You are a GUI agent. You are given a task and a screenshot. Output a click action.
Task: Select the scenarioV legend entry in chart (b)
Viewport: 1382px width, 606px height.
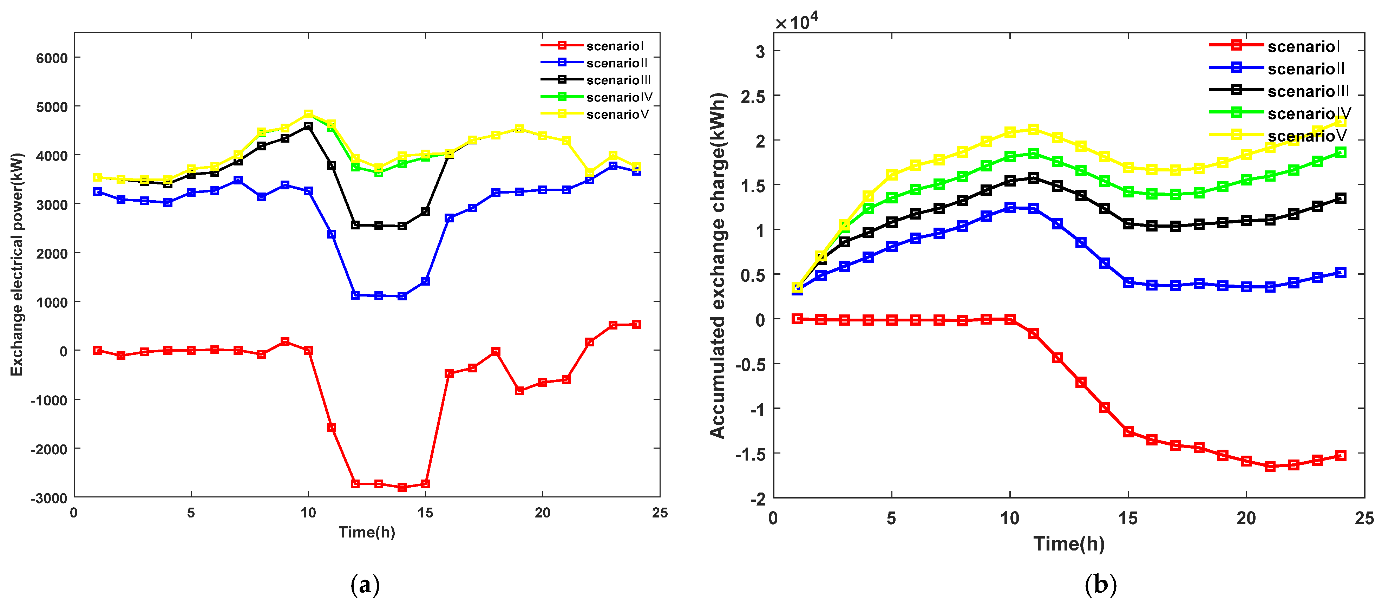click(1306, 136)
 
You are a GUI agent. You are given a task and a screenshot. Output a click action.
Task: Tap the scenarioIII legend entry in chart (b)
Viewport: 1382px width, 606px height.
click(1308, 91)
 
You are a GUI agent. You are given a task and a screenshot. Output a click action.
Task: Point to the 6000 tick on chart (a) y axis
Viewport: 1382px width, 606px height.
click(52, 58)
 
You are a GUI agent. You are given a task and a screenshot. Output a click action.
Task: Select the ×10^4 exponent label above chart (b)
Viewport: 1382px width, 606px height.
click(797, 22)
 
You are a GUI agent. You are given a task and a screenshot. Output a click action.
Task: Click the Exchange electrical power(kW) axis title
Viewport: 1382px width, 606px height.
click(17, 265)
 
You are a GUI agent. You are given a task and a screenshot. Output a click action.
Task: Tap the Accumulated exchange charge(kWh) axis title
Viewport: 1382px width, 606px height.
click(717, 266)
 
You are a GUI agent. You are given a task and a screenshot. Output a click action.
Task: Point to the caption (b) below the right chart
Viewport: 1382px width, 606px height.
click(1100, 584)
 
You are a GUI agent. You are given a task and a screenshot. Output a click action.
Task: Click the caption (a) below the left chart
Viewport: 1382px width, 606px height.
click(365, 584)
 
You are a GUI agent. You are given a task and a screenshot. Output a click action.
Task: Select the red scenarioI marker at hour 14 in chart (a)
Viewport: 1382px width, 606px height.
click(402, 487)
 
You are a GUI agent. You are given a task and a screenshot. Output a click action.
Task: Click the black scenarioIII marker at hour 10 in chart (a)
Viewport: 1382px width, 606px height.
click(308, 126)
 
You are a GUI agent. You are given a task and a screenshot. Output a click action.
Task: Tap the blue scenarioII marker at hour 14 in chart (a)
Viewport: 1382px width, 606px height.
click(402, 296)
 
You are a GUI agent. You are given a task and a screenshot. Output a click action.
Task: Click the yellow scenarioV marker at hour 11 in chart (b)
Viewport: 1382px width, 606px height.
click(1033, 129)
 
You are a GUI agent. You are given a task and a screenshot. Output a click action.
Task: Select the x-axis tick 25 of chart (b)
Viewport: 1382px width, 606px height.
click(1364, 519)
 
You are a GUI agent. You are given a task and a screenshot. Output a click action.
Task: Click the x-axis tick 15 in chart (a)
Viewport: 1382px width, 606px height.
click(425, 513)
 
